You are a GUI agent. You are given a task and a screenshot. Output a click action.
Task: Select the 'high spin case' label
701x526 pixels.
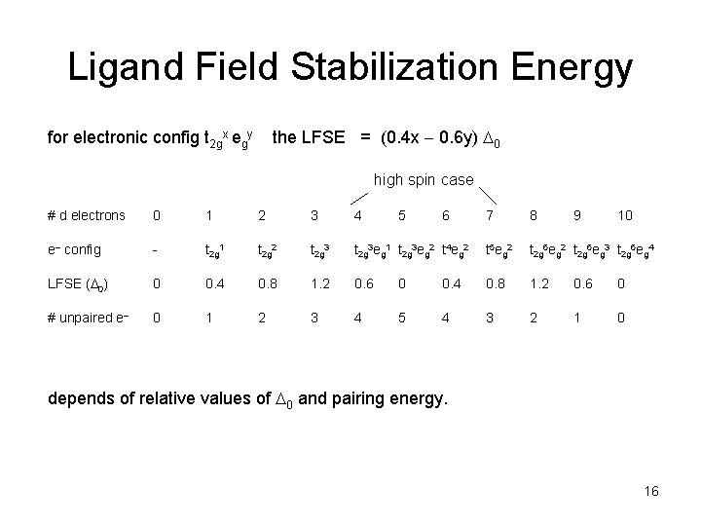(424, 180)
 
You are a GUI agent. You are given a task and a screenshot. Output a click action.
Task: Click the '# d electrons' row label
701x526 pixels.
(87, 215)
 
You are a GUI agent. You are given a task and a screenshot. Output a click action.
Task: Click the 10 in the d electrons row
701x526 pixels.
(625, 215)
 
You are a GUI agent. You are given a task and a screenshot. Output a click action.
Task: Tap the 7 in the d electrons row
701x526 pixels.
(489, 215)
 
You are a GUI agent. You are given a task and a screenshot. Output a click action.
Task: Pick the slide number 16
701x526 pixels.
(651, 492)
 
